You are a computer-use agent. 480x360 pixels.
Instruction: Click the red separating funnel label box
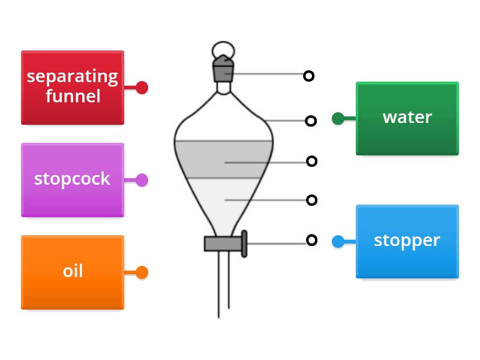(72, 88)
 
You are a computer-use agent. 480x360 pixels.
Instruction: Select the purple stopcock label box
(72, 179)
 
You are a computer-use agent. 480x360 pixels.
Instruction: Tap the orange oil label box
(72, 272)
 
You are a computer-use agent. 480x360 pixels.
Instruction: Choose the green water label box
(407, 118)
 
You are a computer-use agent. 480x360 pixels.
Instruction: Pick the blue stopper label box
(407, 241)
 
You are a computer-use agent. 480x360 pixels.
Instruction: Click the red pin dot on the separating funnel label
(142, 88)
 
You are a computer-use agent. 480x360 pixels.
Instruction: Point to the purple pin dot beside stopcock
(142, 179)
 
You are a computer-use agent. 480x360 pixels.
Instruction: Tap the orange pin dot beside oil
(142, 272)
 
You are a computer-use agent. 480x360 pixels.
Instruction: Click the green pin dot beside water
(338, 118)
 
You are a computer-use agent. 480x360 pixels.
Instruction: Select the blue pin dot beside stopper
(338, 241)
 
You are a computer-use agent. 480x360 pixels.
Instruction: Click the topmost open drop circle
(308, 76)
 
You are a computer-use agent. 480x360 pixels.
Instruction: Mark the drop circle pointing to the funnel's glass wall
(310, 121)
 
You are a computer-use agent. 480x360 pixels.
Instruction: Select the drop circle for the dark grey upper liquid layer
(311, 161)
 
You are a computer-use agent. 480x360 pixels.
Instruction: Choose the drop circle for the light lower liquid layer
(311, 200)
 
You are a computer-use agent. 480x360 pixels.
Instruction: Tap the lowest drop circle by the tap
(311, 240)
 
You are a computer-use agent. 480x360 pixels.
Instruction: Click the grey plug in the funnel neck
(223, 71)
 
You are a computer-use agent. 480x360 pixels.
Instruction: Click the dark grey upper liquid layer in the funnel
(223, 159)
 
